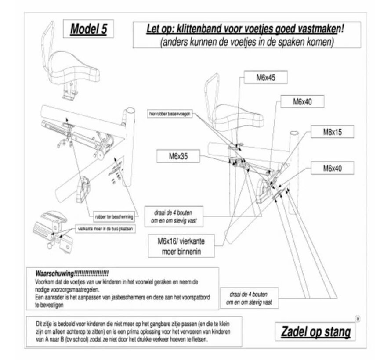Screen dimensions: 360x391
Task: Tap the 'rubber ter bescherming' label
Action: (113, 216)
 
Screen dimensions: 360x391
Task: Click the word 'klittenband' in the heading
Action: (202, 31)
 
